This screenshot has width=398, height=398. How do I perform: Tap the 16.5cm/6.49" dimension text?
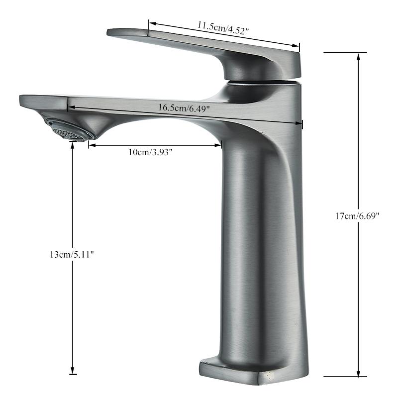[184, 107]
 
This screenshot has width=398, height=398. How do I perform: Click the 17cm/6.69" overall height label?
[358, 216]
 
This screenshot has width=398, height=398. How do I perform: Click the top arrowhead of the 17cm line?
[358, 55]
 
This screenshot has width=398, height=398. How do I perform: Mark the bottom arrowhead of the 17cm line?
[358, 374]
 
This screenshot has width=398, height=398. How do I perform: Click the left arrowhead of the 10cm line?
[91, 145]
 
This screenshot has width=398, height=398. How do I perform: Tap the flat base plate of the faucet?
[239, 371]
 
